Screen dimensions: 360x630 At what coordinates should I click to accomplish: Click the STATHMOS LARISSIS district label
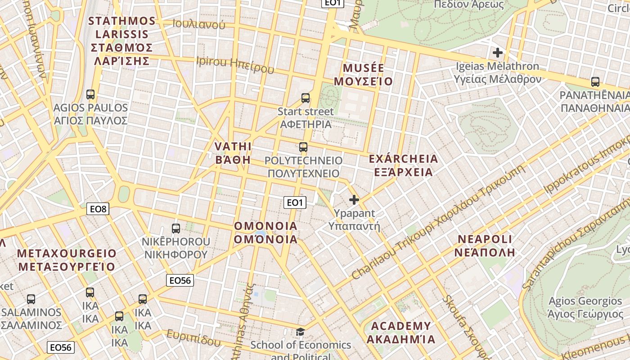point(122,40)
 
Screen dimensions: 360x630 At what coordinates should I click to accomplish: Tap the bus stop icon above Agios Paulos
point(90,94)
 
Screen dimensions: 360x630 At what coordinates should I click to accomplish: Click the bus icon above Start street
point(306,98)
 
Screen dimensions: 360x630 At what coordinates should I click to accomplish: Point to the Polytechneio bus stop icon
point(303,147)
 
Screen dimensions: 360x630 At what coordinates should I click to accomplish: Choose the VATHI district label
point(233,153)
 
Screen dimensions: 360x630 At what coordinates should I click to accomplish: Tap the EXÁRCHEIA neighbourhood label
point(403,165)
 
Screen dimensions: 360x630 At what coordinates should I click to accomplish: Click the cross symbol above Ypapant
point(354,200)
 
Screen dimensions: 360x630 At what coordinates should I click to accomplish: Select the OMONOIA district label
point(265,232)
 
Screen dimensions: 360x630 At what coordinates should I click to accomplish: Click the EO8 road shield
point(98,208)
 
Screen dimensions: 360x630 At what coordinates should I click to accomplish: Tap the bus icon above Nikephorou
point(176,229)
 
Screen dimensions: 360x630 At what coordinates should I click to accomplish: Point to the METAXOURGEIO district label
point(67,260)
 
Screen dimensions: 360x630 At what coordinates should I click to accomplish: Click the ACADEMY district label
point(400,332)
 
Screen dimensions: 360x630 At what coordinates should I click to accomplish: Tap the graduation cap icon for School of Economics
point(300,333)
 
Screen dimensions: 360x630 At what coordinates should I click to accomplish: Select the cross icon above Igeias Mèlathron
point(497,53)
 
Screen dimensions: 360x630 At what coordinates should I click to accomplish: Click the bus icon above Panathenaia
point(595,82)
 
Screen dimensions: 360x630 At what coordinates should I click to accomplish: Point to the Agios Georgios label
point(585,307)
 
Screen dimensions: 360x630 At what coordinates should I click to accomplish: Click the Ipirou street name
point(234,64)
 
